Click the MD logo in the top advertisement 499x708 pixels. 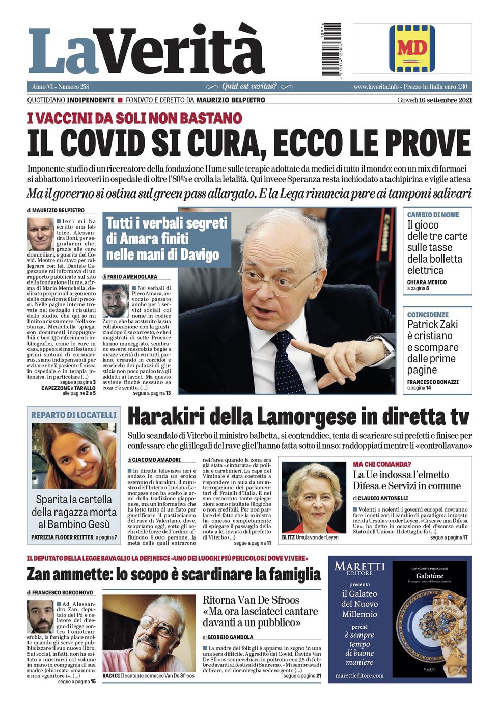click(x=412, y=48)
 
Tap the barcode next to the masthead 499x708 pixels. click(x=331, y=49)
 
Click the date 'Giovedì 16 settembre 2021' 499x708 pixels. click(x=434, y=100)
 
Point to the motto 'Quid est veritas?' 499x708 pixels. click(x=249, y=87)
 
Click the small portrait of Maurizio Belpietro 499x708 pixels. click(x=40, y=234)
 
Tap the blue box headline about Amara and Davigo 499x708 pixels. click(x=166, y=239)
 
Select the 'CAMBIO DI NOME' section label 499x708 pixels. click(x=433, y=215)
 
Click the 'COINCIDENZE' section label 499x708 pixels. click(x=428, y=315)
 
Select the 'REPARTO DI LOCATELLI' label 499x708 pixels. click(x=74, y=415)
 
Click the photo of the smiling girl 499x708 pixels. click(x=74, y=456)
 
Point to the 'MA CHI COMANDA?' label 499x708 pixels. click(x=382, y=464)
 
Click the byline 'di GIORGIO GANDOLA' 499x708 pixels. click(x=228, y=637)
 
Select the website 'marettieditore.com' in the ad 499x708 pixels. click(x=359, y=675)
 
